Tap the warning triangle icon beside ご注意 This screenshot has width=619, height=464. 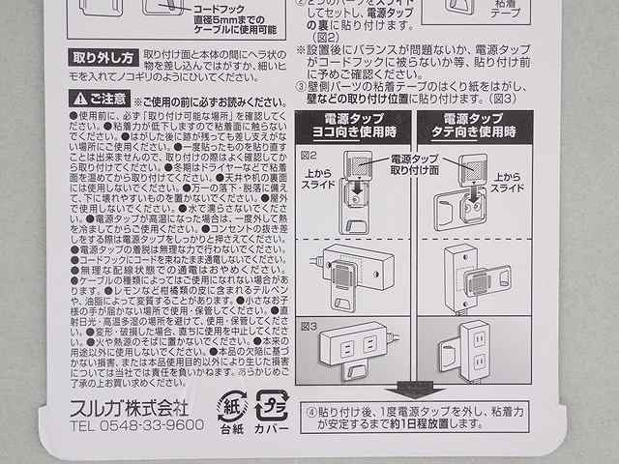[76, 99]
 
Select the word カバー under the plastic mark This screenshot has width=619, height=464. [271, 426]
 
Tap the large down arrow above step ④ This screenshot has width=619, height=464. [418, 390]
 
